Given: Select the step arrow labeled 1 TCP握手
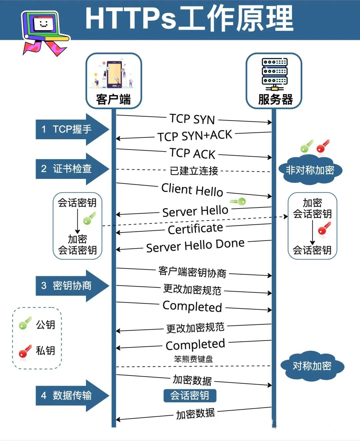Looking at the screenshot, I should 72,129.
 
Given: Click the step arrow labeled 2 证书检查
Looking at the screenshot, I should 72,169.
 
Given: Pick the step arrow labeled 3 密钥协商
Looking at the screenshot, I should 72,286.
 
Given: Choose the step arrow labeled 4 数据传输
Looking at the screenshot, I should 72,395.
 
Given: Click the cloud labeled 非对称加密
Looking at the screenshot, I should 310,170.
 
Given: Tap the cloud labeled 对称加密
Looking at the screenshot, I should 312,366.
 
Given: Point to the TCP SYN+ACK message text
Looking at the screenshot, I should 195,136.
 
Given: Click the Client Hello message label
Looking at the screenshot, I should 192,190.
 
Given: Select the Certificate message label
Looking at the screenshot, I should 195,229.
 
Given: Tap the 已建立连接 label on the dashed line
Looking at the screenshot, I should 194,171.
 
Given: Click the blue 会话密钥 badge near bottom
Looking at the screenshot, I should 190,396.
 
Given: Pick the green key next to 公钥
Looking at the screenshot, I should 25,323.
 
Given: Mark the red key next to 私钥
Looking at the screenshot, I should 25,351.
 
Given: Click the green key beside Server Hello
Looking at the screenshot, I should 238,201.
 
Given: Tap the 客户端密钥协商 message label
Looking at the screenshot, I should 192,272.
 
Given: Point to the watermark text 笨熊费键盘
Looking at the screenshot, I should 193,359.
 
